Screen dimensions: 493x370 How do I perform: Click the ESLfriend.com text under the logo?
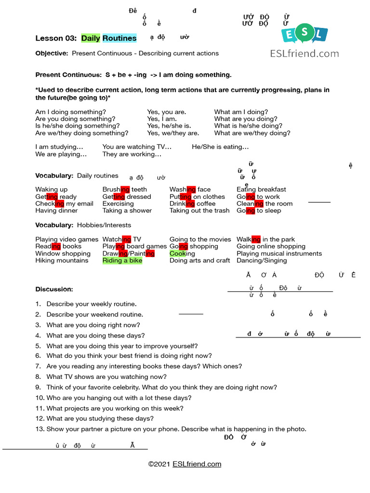click(304, 53)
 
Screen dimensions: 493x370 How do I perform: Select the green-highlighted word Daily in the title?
click(91, 38)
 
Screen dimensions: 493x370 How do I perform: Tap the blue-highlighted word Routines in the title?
click(119, 38)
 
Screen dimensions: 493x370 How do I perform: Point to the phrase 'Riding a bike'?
click(122, 260)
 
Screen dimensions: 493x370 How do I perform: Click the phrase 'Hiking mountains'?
click(62, 260)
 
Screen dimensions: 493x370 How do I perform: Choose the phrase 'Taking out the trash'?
click(199, 210)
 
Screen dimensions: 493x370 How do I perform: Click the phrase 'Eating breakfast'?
click(261, 189)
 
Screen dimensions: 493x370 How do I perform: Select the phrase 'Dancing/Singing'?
click(262, 260)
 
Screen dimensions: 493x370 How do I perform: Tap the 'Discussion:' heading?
click(54, 289)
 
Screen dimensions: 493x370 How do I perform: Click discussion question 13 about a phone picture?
click(176, 429)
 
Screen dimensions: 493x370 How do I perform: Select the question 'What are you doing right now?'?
click(93, 325)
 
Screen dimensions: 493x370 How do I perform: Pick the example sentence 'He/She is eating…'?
click(220, 147)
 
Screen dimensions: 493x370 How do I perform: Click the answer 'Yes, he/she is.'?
click(169, 126)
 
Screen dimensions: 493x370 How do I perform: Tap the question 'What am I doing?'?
click(241, 112)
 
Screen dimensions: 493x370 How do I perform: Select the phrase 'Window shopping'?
click(63, 253)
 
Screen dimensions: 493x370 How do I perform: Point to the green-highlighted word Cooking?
click(182, 253)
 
